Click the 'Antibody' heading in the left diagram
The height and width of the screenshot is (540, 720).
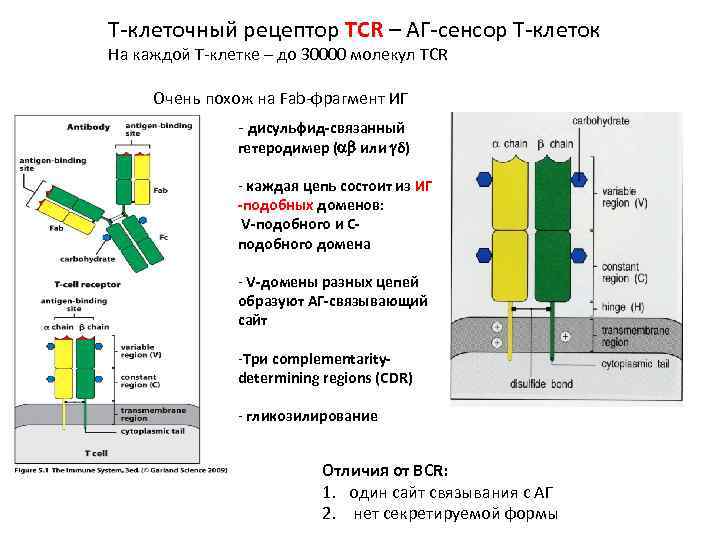tap(89, 127)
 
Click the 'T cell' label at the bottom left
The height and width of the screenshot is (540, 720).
tap(96, 453)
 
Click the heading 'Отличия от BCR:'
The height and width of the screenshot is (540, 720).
tap(385, 469)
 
